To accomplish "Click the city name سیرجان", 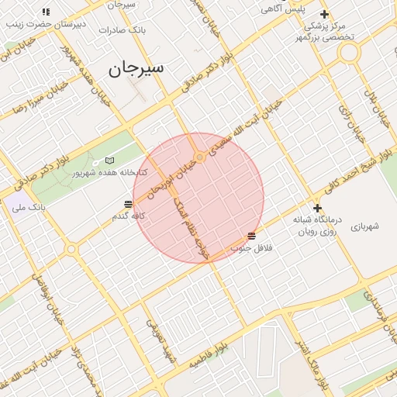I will pyautogui.click(x=136, y=67).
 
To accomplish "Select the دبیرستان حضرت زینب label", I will pyautogui.click(x=46, y=24).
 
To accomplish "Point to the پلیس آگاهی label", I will pyautogui.click(x=282, y=9).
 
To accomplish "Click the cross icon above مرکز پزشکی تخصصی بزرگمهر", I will pyautogui.click(x=324, y=14).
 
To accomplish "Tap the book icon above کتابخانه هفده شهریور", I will pyautogui.click(x=109, y=161).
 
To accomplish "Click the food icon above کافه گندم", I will pyautogui.click(x=128, y=204).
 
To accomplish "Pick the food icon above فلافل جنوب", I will pyautogui.click(x=251, y=236).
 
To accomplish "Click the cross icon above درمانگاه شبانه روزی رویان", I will pyautogui.click(x=317, y=208).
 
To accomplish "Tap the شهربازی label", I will pyautogui.click(x=364, y=226).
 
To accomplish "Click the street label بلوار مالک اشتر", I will pyautogui.click(x=313, y=364).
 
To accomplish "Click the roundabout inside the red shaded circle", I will pyautogui.click(x=200, y=157).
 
